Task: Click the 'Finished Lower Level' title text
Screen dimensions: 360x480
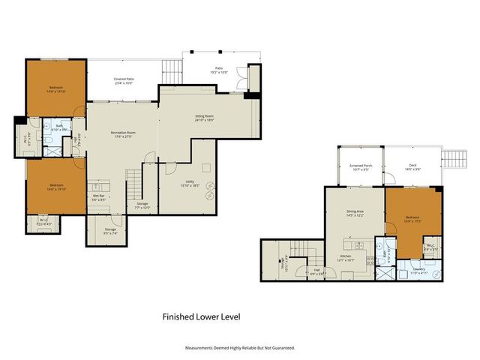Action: (202, 317)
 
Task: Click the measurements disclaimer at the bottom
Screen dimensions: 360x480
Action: (240, 348)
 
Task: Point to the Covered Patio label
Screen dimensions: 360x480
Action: (124, 80)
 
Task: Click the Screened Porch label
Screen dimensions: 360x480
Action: (360, 167)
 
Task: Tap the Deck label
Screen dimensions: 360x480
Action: (412, 167)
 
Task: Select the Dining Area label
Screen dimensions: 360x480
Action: (355, 214)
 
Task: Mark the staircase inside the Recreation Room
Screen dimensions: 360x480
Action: (134, 181)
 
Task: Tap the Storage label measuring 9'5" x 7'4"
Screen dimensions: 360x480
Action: (109, 231)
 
